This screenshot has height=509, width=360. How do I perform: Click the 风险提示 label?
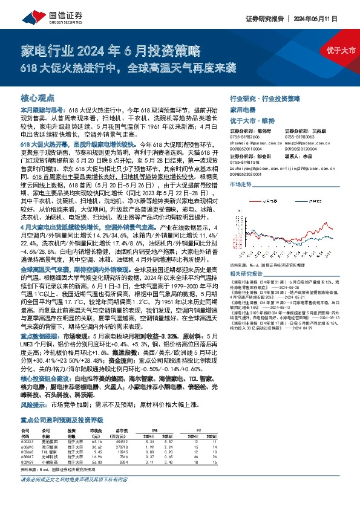pyautogui.click(x=34, y=403)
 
